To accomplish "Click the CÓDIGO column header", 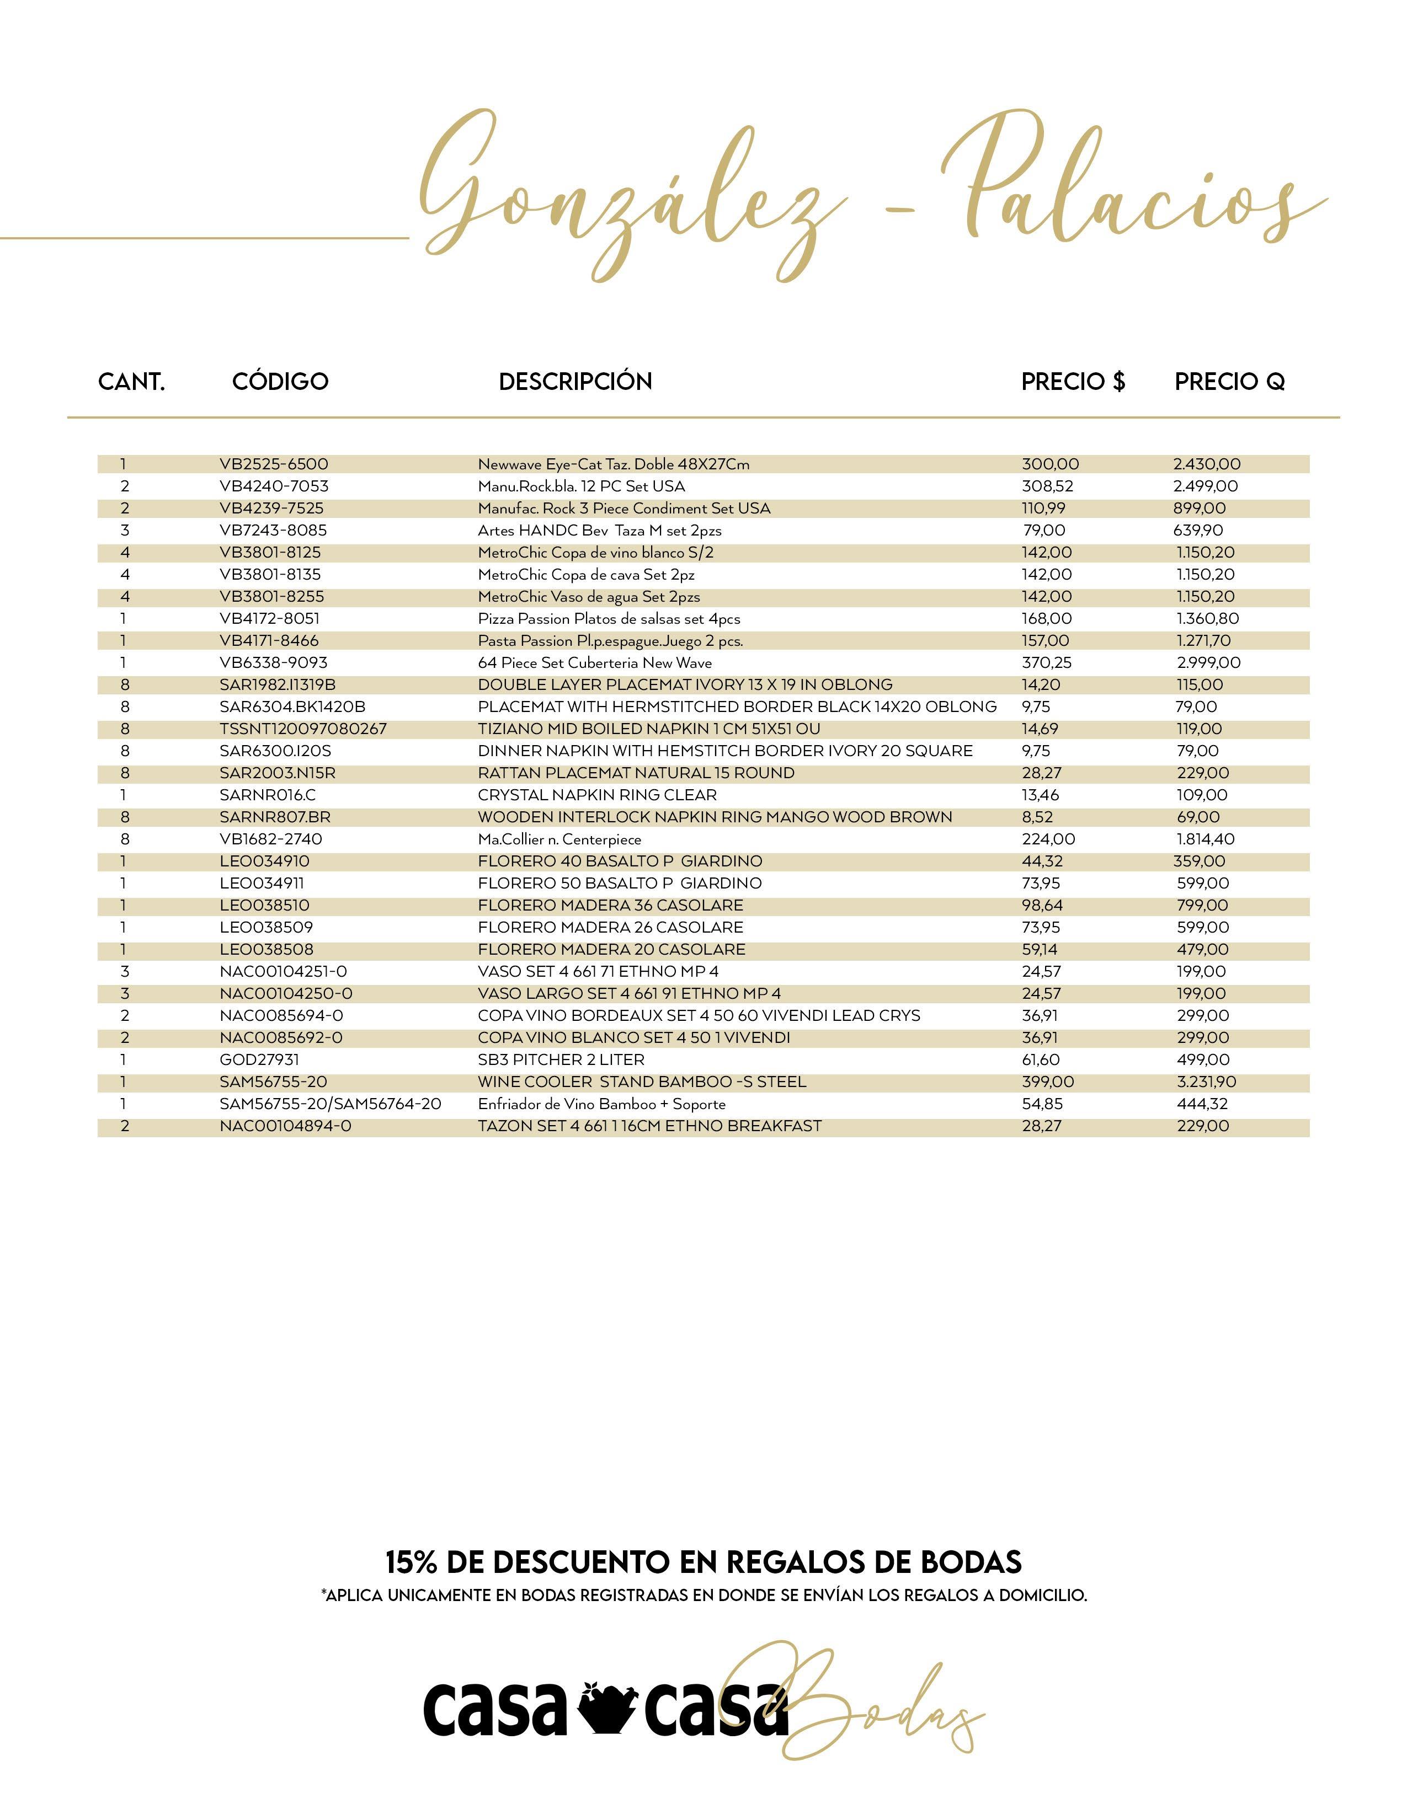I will coord(280,382).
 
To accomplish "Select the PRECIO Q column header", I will coord(1229,382).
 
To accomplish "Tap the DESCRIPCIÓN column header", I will coord(575,382).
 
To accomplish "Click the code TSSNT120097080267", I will coord(303,729).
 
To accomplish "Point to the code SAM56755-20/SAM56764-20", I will coord(330,1104).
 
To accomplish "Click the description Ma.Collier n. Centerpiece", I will coord(559,840).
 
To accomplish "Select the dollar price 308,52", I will coord(1047,486).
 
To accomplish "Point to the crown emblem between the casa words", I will coord(604,1709).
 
